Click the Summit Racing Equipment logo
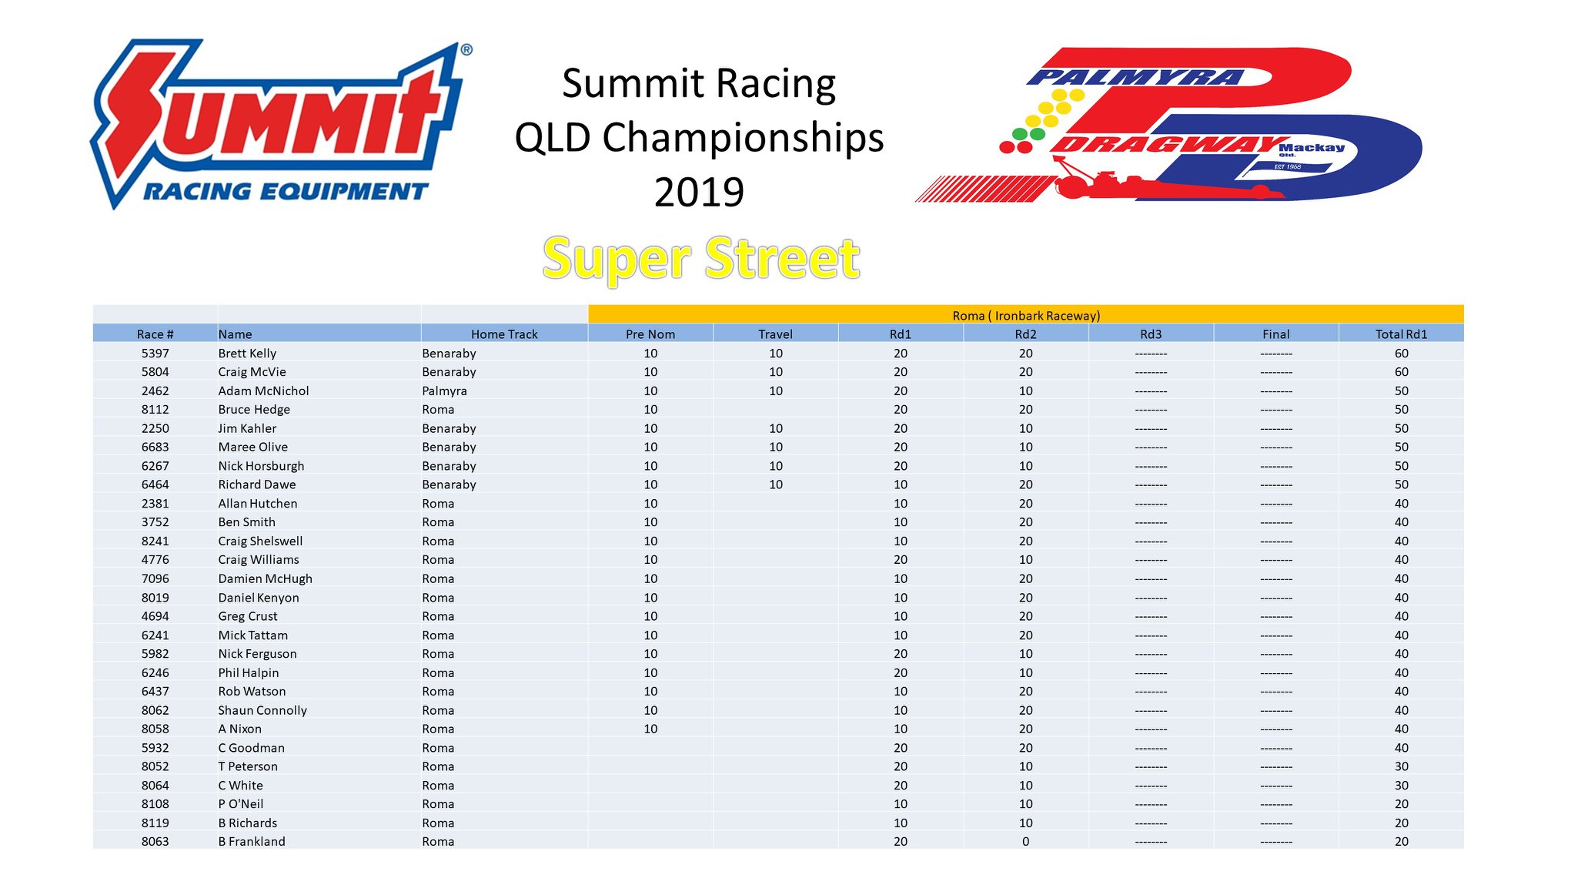pos(282,124)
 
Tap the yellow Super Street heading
pos(701,259)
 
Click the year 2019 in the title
pos(699,192)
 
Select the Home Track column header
pos(504,334)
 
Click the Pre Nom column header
pos(650,334)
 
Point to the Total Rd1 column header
pos(1401,334)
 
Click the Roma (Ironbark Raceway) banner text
pos(1026,316)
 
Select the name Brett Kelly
pos(247,354)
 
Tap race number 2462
pos(155,391)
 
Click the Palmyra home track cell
pos(444,391)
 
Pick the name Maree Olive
pos(252,448)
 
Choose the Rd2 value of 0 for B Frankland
pos(1025,842)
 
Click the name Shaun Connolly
pos(262,711)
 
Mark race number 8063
pos(155,842)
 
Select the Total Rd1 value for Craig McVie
pos(1401,372)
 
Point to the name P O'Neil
pos(240,804)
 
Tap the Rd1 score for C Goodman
pos(900,748)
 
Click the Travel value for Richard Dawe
pos(775,484)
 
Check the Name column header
pos(235,334)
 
